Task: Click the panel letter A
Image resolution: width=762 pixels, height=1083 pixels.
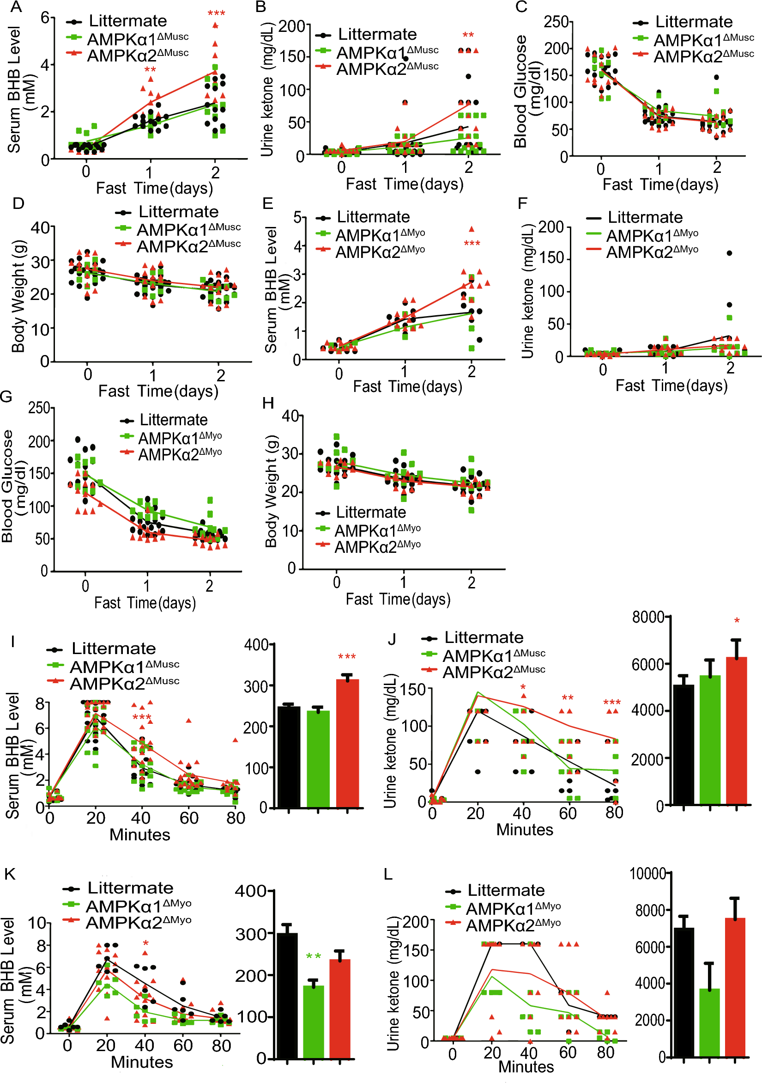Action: (17, 6)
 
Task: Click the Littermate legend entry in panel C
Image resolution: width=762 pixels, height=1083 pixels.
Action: (693, 22)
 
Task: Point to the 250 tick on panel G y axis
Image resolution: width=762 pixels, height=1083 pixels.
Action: (39, 408)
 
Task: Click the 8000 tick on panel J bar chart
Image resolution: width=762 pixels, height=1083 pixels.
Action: (648, 617)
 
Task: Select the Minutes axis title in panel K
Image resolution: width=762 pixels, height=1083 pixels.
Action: (141, 1062)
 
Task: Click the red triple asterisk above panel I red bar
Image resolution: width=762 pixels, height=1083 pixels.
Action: (347, 656)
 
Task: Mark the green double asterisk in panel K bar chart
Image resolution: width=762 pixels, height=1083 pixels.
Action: (314, 956)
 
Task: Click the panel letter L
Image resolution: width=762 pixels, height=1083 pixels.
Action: (388, 874)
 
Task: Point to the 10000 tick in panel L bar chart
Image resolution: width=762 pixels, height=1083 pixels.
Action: (647, 874)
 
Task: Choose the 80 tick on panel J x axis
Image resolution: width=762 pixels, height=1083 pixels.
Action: (614, 813)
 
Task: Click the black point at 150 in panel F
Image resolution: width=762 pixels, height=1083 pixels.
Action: (729, 253)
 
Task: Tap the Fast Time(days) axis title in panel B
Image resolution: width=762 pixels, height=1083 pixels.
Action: (405, 184)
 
